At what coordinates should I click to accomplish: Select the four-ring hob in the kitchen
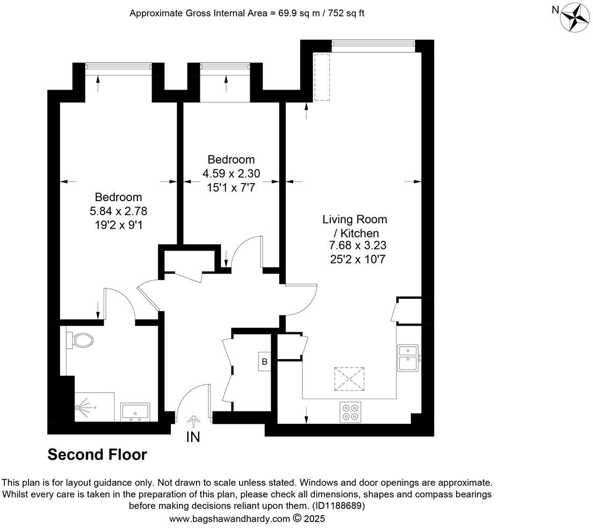tap(350, 412)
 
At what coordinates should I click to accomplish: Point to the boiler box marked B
tap(264, 362)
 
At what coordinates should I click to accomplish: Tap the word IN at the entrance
tap(193, 437)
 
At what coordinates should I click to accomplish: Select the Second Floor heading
tap(97, 454)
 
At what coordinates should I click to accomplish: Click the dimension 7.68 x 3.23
tap(358, 246)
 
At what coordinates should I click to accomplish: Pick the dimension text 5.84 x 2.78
tap(119, 210)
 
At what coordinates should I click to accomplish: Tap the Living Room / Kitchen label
tap(355, 226)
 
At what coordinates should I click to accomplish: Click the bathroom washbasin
tap(135, 412)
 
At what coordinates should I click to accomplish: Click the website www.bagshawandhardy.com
tap(229, 519)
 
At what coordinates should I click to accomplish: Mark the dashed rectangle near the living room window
tap(322, 77)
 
